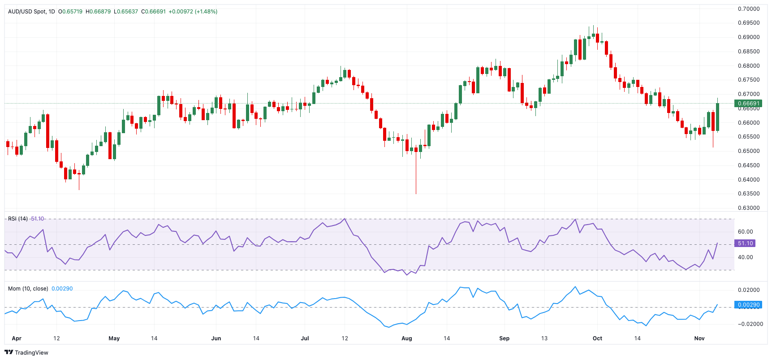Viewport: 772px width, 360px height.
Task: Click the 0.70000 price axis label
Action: pyautogui.click(x=749, y=9)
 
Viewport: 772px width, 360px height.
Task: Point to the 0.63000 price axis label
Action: pyautogui.click(x=749, y=208)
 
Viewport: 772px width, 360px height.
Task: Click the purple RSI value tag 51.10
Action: pyautogui.click(x=745, y=243)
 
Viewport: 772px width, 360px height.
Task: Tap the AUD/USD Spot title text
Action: pyautogui.click(x=27, y=12)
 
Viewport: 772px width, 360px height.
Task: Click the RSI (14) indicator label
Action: pyautogui.click(x=18, y=219)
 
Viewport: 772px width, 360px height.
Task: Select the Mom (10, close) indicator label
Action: pyautogui.click(x=28, y=289)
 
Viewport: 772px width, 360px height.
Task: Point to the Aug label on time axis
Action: pyautogui.click(x=406, y=338)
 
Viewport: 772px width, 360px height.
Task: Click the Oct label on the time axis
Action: pyautogui.click(x=597, y=338)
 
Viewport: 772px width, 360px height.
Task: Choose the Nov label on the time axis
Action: pyautogui.click(x=699, y=338)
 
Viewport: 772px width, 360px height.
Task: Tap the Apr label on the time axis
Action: pyautogui.click(x=17, y=338)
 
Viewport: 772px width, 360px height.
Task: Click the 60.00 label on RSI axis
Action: pyautogui.click(x=746, y=232)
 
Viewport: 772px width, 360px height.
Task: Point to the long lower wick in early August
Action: pyautogui.click(x=416, y=175)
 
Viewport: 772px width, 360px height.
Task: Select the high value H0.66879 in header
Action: pyautogui.click(x=98, y=12)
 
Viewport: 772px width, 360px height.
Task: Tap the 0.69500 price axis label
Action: pyautogui.click(x=749, y=23)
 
